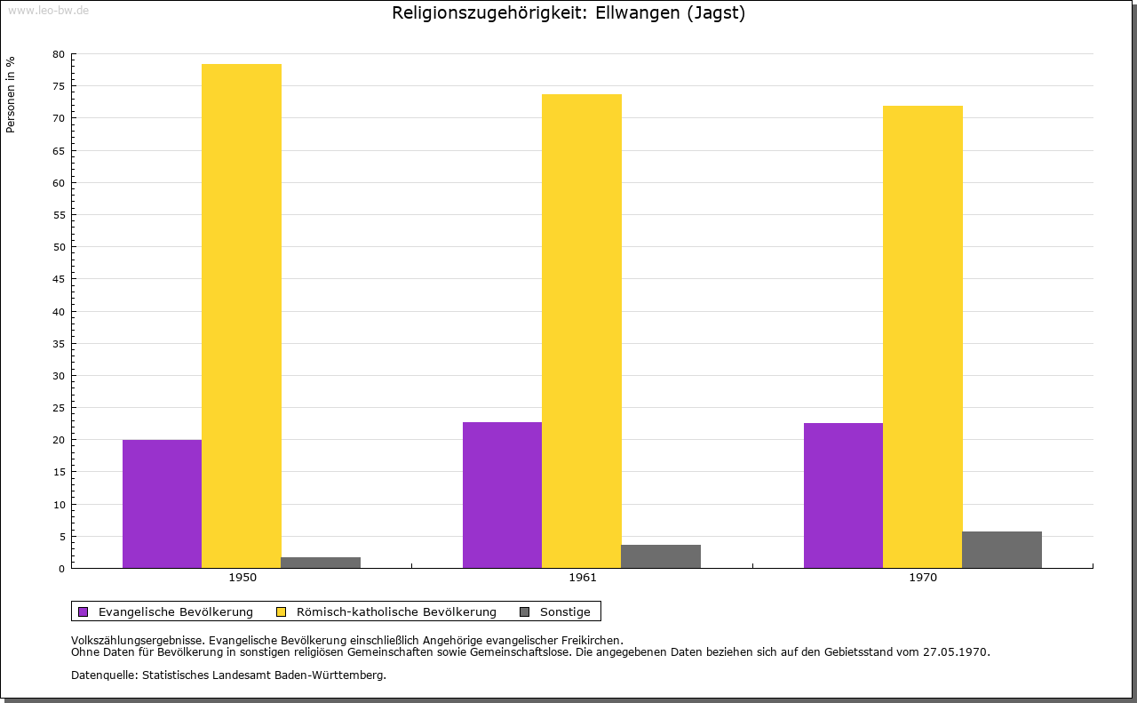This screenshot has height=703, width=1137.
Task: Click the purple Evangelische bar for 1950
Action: click(162, 503)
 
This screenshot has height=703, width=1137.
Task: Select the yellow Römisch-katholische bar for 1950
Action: click(242, 316)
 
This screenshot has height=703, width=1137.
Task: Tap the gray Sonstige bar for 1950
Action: click(321, 563)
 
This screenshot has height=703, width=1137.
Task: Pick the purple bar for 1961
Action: click(502, 494)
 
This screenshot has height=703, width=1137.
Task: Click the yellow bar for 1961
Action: click(582, 331)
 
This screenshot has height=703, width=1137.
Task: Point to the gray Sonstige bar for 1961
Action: click(661, 556)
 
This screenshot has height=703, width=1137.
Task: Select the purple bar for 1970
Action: click(843, 495)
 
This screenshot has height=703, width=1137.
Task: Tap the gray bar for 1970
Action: click(1002, 549)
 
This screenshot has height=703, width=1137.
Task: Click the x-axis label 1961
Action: click(583, 578)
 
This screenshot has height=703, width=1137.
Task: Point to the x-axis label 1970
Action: click(923, 578)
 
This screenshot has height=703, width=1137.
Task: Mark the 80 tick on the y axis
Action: click(59, 54)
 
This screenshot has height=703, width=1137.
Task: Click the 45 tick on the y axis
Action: click(59, 279)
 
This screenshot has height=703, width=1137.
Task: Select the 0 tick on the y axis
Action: click(62, 569)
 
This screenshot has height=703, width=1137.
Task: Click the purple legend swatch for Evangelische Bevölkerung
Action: click(83, 611)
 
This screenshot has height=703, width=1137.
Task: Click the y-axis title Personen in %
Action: click(11, 94)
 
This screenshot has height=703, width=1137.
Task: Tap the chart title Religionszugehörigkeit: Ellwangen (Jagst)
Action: click(568, 13)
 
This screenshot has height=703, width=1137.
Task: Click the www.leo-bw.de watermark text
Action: click(48, 10)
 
